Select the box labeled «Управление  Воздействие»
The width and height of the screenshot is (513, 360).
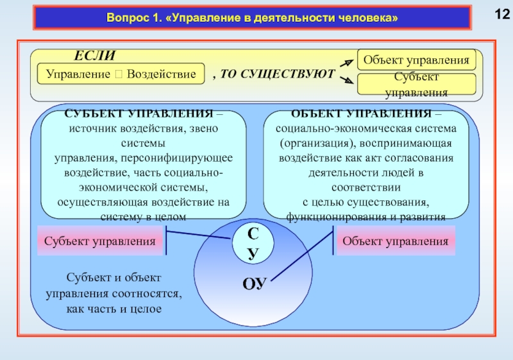point(121,74)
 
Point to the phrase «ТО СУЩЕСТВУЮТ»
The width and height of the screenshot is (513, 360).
point(278,74)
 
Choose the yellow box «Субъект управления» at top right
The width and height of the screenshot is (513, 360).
point(416,85)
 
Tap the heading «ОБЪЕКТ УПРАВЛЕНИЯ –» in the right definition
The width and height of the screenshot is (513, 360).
point(366,114)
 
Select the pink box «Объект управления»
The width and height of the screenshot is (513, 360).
point(395,241)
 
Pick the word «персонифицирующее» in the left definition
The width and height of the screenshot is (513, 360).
point(189,157)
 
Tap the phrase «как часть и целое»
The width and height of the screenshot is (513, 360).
point(115,309)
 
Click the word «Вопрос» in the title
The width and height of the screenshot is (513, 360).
point(128,19)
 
